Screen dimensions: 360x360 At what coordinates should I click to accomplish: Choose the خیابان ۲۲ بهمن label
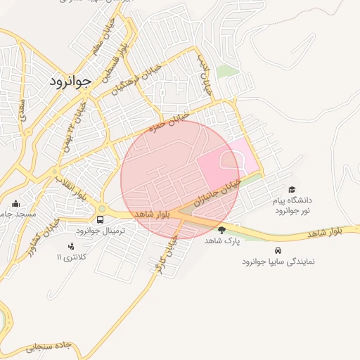pos(79,118)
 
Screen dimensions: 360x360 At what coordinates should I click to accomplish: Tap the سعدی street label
pos(22,117)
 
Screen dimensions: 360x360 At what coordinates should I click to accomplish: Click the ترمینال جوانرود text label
pos(101,231)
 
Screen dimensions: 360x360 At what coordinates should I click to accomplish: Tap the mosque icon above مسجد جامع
pos(16,203)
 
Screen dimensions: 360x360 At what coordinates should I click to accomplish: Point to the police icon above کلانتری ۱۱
pos(70,246)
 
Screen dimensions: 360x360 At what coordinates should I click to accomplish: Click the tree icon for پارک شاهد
pos(222,230)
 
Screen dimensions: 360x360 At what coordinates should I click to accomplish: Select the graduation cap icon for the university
pos(292,190)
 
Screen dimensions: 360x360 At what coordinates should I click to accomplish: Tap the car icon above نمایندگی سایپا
pos(278,250)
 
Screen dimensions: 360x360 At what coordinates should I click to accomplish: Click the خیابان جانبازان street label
pos(222,189)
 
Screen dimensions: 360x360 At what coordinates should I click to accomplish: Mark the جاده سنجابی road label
pos(49,346)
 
